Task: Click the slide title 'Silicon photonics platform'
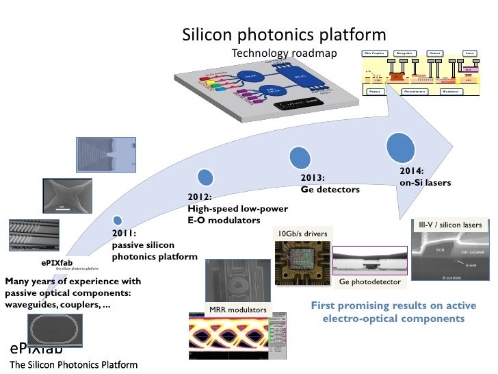[283, 34]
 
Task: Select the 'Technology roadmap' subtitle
[285, 53]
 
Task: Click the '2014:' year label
[412, 171]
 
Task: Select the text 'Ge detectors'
[330, 189]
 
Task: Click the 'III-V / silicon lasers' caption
[450, 225]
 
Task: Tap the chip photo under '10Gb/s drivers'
[300, 264]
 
